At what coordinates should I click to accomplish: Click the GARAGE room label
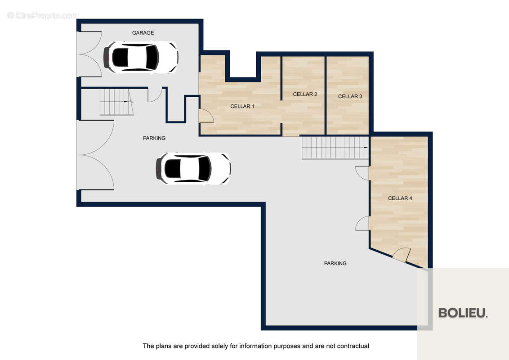point(143,33)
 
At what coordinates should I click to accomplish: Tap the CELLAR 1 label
point(242,106)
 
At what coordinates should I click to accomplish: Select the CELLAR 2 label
point(305,94)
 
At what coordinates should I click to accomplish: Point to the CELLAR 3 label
point(350,96)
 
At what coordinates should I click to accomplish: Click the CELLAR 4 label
point(400,198)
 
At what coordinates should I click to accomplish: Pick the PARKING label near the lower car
point(154,138)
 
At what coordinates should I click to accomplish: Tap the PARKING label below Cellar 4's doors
point(335,263)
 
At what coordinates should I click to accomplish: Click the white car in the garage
point(141,57)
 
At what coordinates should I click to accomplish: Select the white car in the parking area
point(193,169)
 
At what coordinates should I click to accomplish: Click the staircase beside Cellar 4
point(335,148)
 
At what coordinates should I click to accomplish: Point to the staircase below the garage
point(116,102)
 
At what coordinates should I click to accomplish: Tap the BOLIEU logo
point(463,313)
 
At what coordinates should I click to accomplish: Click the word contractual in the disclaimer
point(353,346)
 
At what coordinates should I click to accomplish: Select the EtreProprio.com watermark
point(43,15)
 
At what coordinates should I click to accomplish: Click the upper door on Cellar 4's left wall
point(362,173)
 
